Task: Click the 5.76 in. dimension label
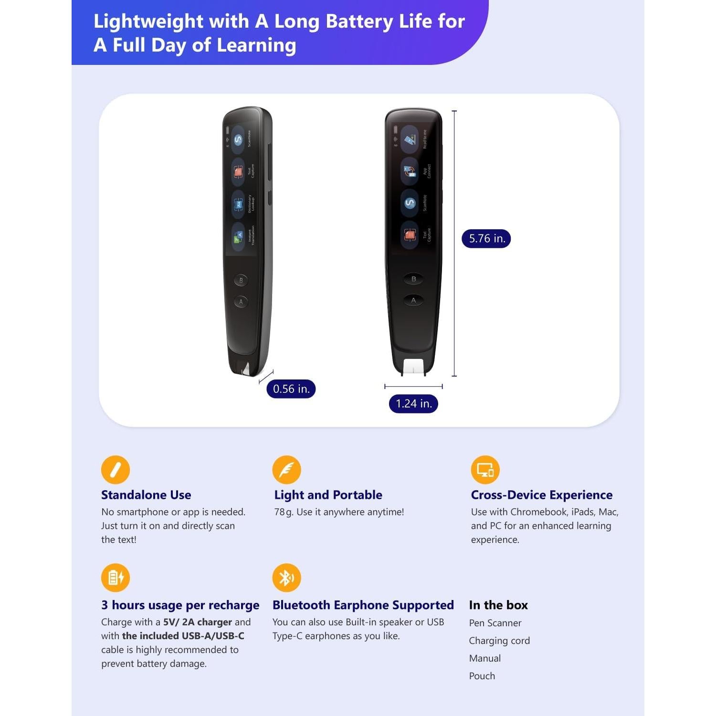tap(486, 239)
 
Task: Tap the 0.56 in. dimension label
tap(291, 389)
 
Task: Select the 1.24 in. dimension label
tap(413, 404)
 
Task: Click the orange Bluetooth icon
tap(286, 578)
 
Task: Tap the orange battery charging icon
tap(116, 578)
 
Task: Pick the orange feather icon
tap(286, 470)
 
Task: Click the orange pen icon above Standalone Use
tap(116, 470)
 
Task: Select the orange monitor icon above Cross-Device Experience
tap(485, 470)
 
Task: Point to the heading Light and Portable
tap(328, 495)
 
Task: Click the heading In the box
tap(498, 605)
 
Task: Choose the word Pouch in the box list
tap(482, 676)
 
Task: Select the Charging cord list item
tap(499, 641)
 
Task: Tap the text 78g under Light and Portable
tap(284, 512)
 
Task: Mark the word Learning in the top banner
tap(256, 45)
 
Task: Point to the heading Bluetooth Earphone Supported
tap(363, 605)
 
